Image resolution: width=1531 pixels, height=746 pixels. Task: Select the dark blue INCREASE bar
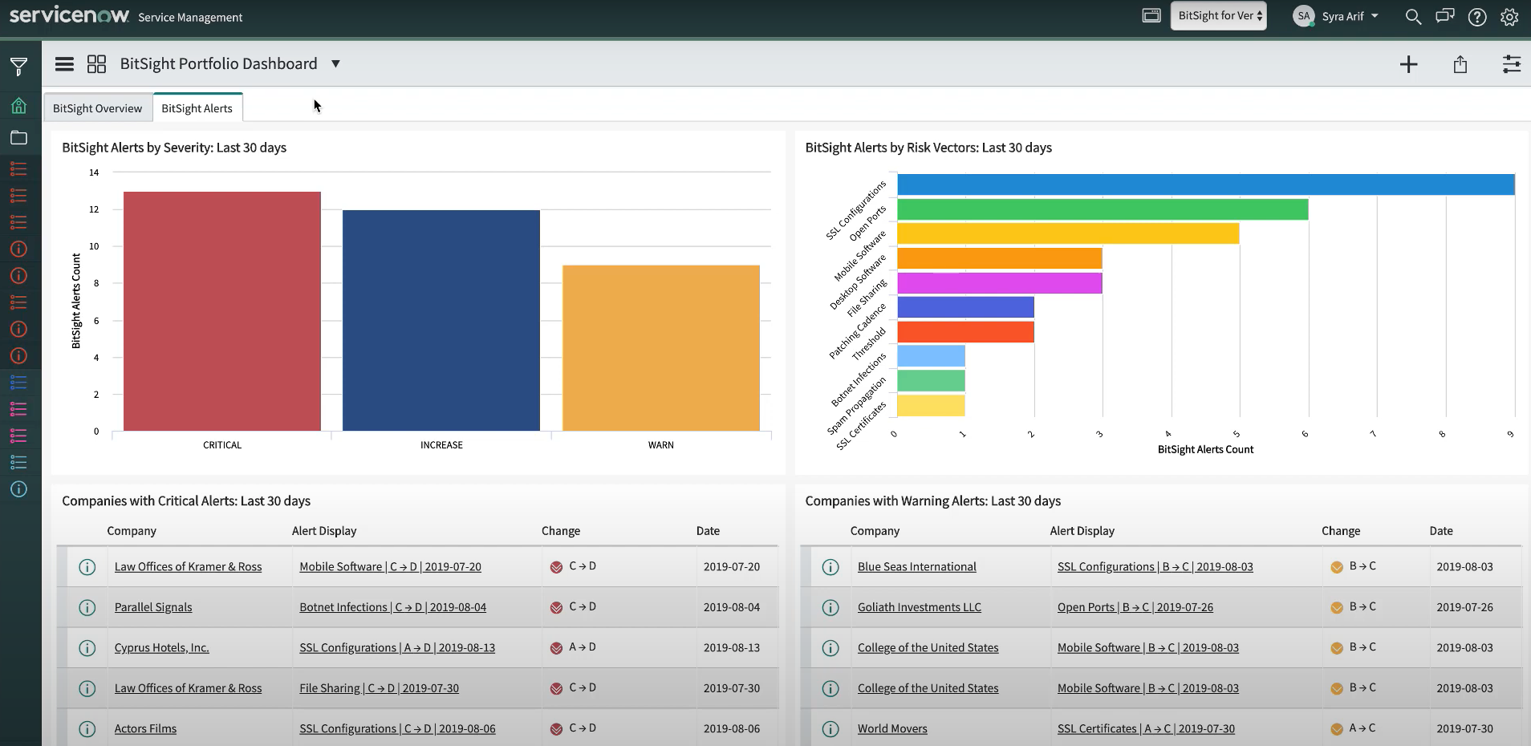click(x=441, y=320)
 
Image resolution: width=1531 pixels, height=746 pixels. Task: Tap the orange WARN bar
click(x=660, y=348)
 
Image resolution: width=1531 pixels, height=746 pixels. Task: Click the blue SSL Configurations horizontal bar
click(x=1205, y=184)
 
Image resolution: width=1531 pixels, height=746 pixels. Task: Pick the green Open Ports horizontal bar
click(x=1103, y=209)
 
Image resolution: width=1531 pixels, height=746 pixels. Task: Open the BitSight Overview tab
click(x=97, y=108)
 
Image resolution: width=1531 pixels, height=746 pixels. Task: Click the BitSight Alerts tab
click(x=197, y=108)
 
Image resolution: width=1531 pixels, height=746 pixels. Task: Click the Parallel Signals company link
click(x=153, y=607)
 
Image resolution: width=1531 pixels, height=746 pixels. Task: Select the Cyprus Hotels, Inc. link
click(x=161, y=647)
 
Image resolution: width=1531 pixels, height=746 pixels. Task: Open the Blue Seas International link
click(x=916, y=566)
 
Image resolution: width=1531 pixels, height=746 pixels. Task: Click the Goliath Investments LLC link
click(x=919, y=607)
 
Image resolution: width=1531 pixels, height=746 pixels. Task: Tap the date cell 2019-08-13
click(x=731, y=647)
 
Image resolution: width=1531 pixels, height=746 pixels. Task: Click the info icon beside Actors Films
click(x=87, y=728)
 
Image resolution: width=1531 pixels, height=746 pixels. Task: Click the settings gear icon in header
click(x=1509, y=17)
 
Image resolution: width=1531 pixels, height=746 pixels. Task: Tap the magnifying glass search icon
click(x=1413, y=17)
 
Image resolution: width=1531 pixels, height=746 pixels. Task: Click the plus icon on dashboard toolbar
click(x=1408, y=64)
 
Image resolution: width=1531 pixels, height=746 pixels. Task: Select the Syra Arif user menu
click(x=1336, y=16)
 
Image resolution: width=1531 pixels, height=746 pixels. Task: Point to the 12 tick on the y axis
click(x=94, y=209)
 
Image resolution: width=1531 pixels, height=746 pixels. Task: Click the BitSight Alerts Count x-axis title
click(x=1205, y=449)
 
